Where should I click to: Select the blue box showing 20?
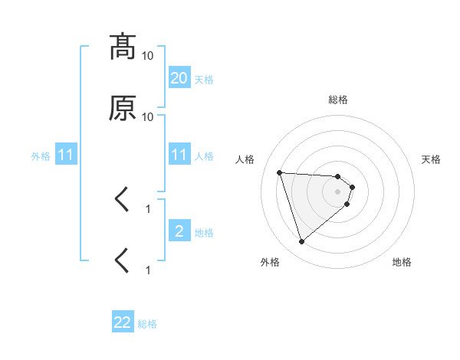[x=179, y=77]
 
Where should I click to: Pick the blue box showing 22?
[x=123, y=323]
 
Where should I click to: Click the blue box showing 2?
[x=179, y=231]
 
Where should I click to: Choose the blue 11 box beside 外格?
[x=66, y=155]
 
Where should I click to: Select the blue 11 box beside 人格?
[x=179, y=155]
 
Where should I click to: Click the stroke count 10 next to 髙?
[x=148, y=56]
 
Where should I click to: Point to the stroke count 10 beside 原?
[x=148, y=117]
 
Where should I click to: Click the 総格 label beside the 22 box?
[x=147, y=324]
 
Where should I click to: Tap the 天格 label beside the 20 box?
[x=204, y=79]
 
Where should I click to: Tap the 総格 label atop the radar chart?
[x=338, y=100]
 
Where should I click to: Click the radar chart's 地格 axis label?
[x=402, y=262]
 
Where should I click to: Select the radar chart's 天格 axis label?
[x=431, y=159]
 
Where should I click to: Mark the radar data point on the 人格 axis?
[x=280, y=172]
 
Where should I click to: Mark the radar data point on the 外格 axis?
[x=302, y=242]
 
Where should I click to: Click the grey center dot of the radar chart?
[x=338, y=202]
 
